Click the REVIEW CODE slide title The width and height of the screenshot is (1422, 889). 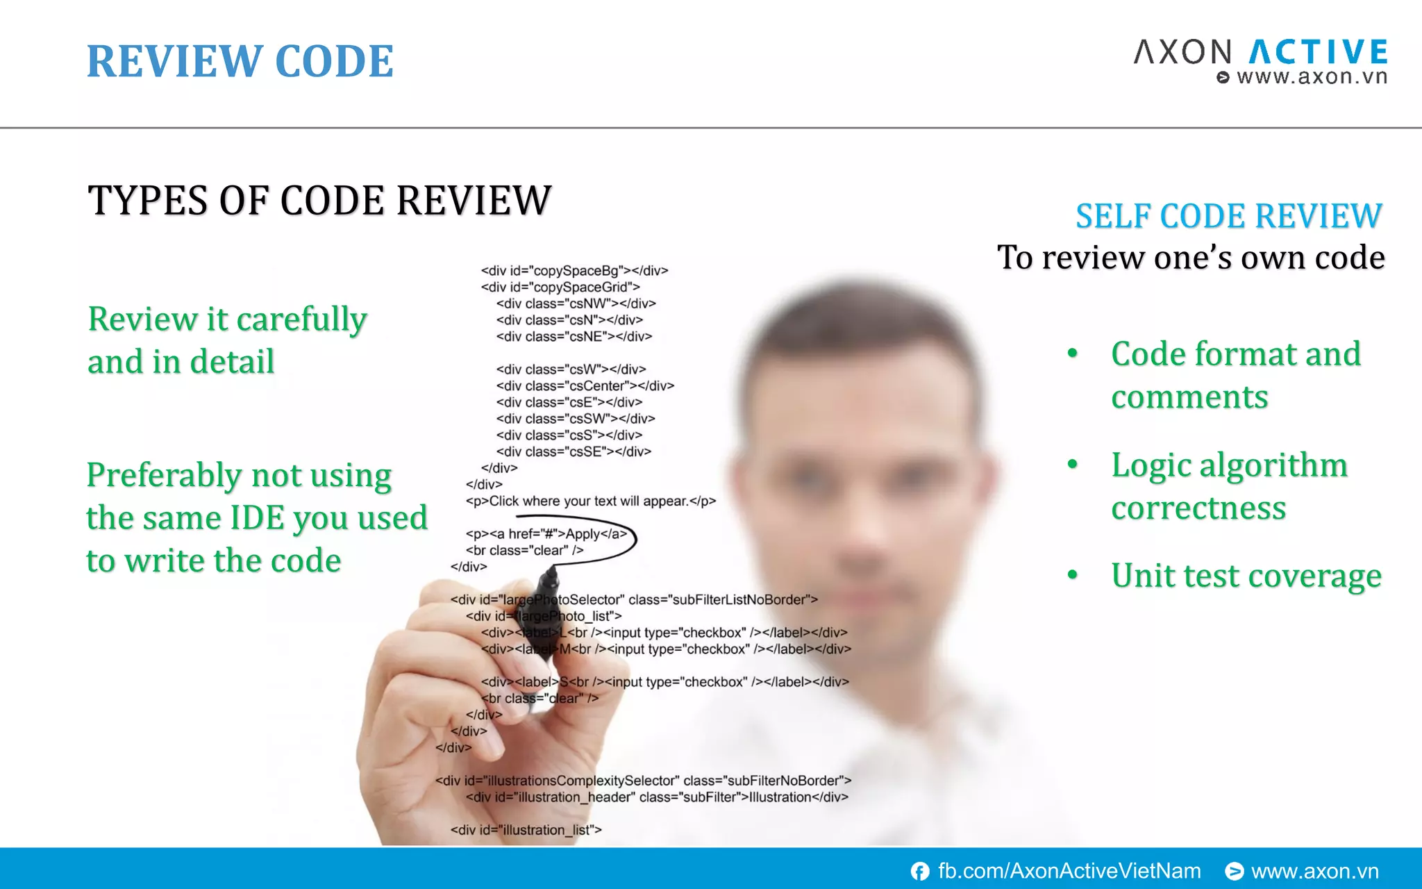[240, 61]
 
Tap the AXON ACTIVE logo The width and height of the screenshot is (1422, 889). [1260, 53]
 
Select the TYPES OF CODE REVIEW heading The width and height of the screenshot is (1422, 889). [319, 200]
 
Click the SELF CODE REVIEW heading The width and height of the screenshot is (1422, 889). [1228, 216]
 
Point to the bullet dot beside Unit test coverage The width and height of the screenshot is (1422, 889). [1073, 574]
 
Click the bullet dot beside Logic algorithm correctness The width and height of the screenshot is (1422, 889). [1073, 464]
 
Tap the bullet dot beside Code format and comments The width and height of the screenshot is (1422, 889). [1073, 353]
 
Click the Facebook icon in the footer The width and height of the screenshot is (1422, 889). [920, 871]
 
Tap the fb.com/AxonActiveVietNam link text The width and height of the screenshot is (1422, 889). [1069, 871]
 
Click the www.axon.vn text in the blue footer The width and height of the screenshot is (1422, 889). [1314, 871]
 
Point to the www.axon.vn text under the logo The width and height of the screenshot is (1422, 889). [1312, 76]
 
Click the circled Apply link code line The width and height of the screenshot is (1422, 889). [546, 534]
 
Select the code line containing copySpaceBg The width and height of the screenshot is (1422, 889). [574, 271]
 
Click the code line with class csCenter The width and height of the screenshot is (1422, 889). [585, 386]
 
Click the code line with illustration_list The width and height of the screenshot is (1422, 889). [526, 830]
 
